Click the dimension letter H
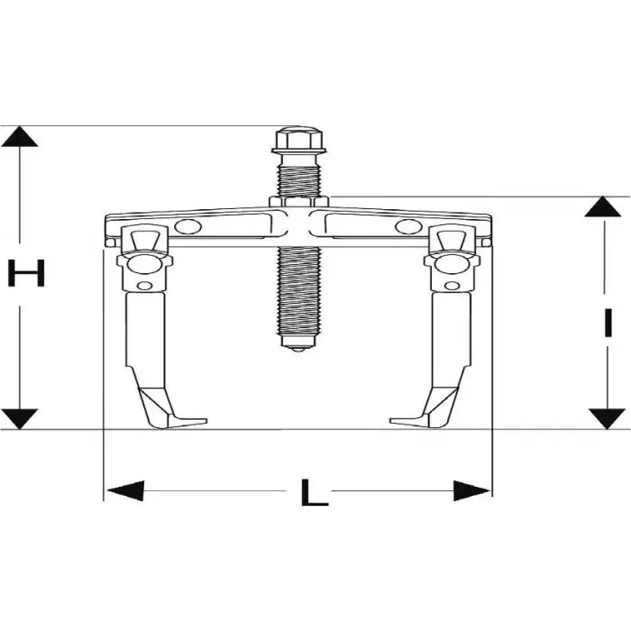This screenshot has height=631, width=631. coord(26,273)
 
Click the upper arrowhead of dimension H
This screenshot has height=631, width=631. coord(20,138)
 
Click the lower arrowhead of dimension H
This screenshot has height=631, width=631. coord(20,417)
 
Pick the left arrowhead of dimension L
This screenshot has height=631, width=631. coord(124,491)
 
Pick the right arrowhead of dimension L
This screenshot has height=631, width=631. coord(472,491)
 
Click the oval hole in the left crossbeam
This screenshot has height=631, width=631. coord(189,227)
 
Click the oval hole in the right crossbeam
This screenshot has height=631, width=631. coord(407,227)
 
